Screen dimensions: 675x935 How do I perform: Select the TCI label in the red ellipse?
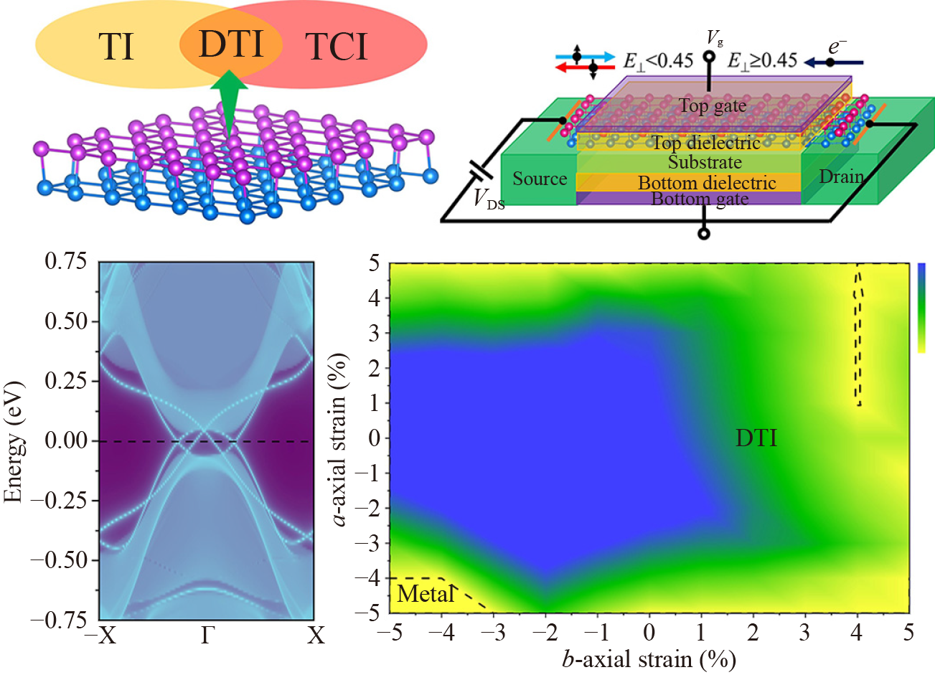pos(337,47)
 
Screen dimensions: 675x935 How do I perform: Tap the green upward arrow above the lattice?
pos(229,100)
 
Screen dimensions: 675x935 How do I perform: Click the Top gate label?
pos(713,106)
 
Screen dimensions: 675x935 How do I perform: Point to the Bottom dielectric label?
pos(707,183)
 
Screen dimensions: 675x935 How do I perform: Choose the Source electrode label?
pos(540,179)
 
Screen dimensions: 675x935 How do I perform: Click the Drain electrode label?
pos(841,176)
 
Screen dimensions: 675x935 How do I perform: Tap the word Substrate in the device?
pos(705,162)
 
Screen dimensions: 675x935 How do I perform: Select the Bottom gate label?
pos(700,199)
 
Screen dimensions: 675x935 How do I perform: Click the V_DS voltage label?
pos(489,200)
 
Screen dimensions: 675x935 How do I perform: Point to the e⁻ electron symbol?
pos(837,47)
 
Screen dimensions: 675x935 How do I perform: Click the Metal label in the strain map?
pos(426,594)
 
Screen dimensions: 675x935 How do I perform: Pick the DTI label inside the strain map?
pos(756,438)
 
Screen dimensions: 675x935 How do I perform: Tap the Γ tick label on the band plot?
pos(207,636)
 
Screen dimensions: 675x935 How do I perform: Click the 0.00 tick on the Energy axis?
pos(66,440)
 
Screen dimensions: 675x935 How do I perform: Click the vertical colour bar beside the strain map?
pos(921,308)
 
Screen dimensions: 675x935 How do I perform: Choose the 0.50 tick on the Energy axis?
pos(66,321)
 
